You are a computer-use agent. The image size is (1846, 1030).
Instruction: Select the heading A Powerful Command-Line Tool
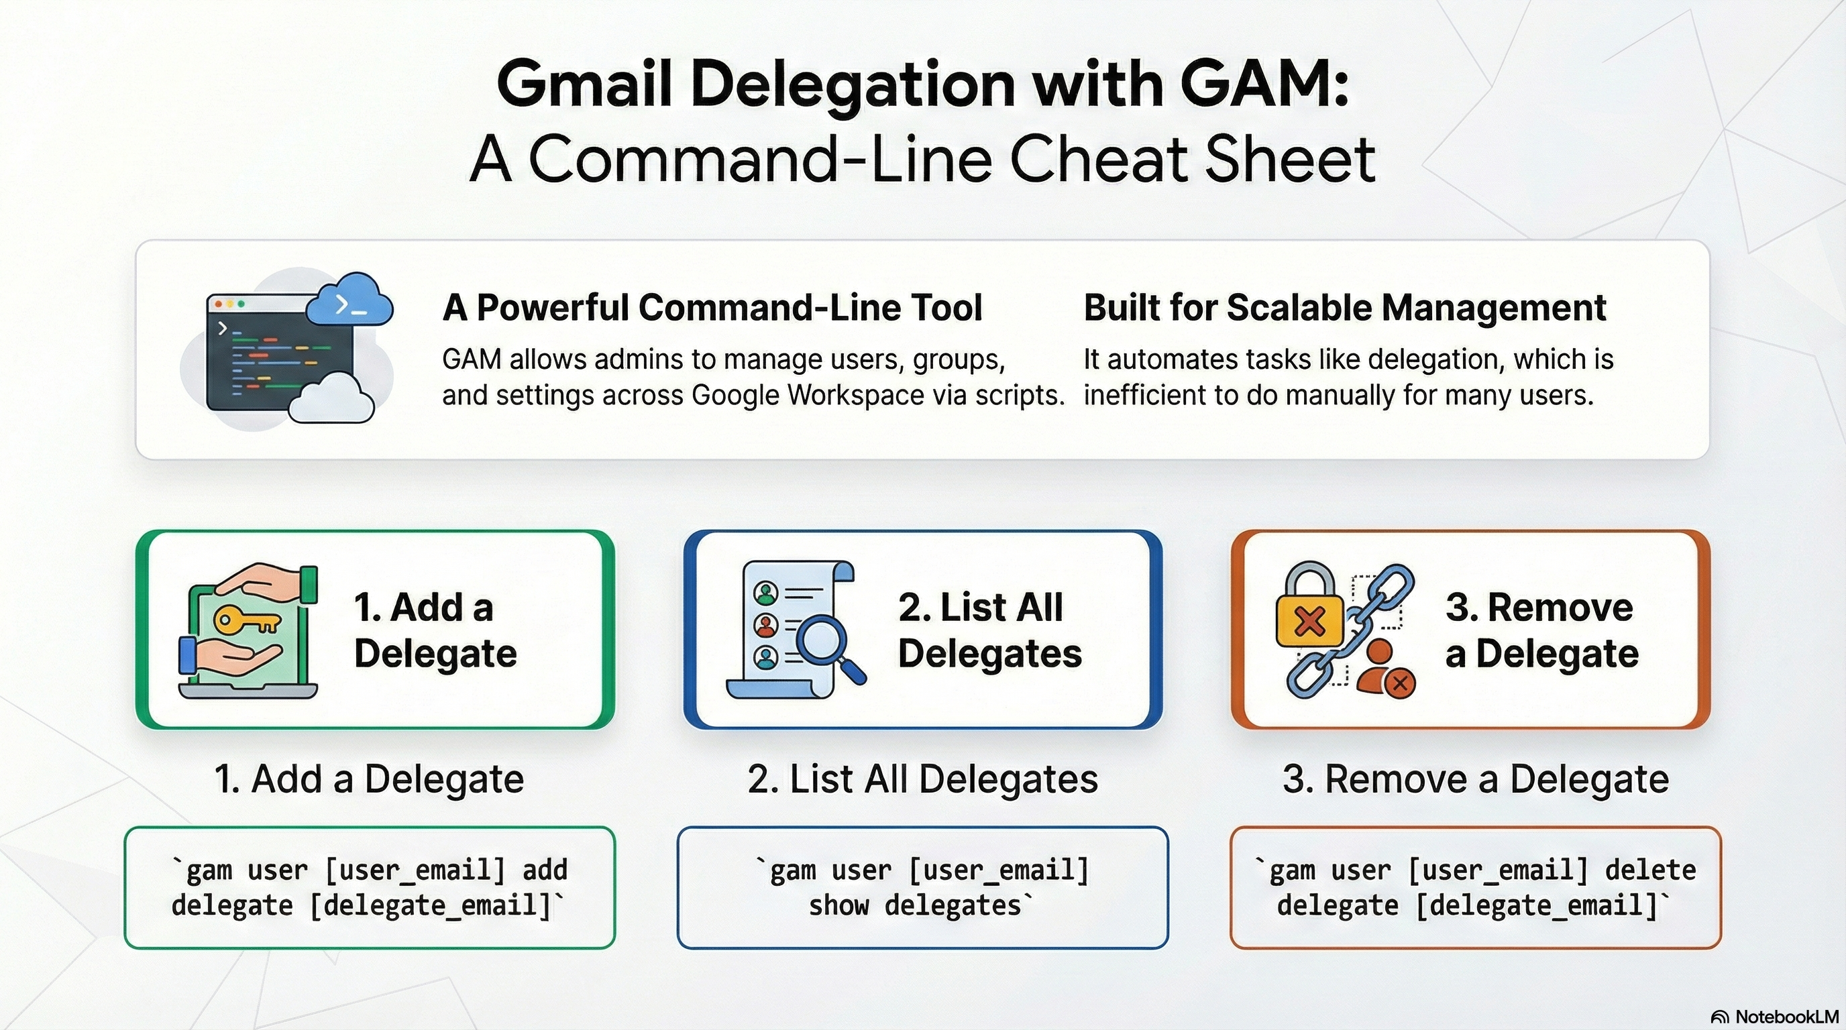click(x=712, y=308)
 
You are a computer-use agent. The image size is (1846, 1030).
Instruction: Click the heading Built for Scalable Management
click(x=1344, y=308)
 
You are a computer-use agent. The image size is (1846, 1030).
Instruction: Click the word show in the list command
click(x=838, y=906)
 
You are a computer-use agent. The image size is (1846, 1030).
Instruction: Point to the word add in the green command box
click(x=545, y=870)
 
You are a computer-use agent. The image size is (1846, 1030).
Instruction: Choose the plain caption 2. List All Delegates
click(x=922, y=779)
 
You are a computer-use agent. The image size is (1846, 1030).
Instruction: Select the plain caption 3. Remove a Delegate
click(x=1476, y=779)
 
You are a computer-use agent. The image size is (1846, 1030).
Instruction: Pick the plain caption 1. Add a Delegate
click(x=369, y=779)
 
